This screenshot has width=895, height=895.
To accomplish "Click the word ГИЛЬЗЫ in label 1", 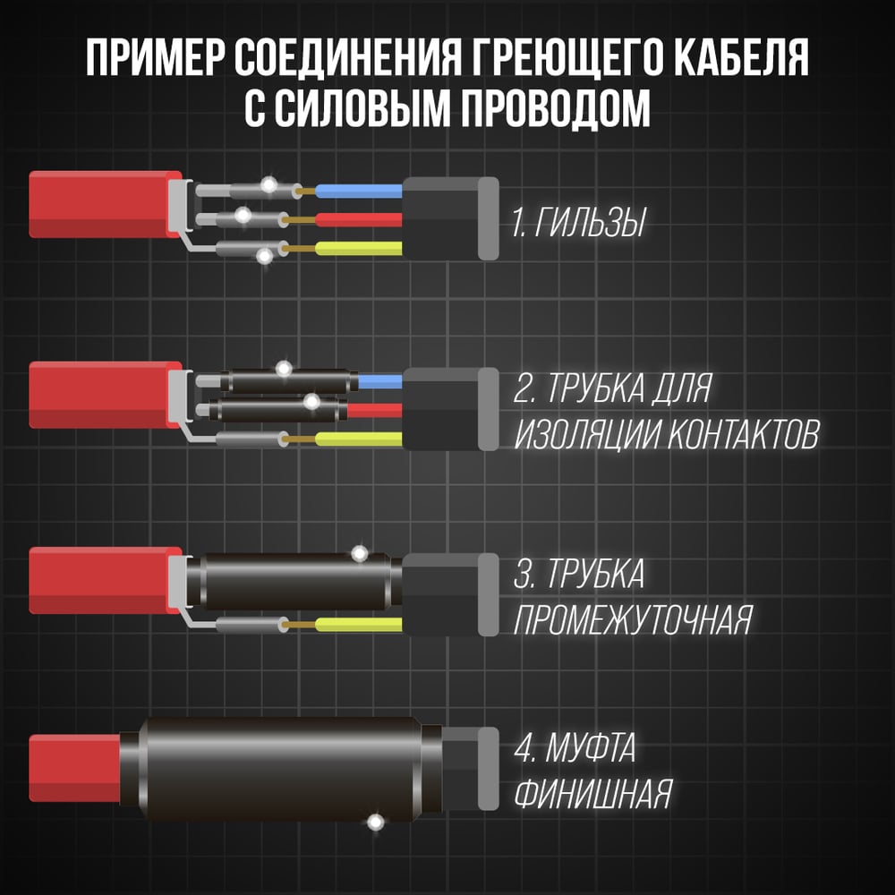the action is [x=590, y=222].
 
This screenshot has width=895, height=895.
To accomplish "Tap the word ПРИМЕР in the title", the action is [x=154, y=57].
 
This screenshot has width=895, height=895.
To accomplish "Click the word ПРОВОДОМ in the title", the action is [x=556, y=108].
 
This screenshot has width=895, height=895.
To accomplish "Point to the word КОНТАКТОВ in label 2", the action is [x=743, y=434].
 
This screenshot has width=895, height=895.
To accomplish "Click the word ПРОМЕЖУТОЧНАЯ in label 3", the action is [x=633, y=619].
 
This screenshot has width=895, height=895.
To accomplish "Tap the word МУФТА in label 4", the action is [x=591, y=747].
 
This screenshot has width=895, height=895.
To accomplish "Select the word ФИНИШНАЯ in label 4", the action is [x=593, y=793].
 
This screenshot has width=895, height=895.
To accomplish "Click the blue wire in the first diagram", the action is [x=359, y=191].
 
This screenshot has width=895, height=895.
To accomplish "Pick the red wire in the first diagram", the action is [x=359, y=219].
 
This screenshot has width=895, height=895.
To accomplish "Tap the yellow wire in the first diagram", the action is [x=359, y=248].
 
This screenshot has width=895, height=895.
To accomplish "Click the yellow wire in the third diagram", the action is [x=359, y=625].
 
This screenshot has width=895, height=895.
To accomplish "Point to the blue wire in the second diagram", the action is [x=380, y=381].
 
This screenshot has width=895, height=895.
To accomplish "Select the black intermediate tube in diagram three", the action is [x=294, y=581].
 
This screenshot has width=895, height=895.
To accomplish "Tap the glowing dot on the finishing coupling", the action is [x=375, y=823].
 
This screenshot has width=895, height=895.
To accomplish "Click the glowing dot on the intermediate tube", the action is [x=360, y=553].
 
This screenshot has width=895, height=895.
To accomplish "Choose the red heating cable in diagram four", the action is [x=75, y=768].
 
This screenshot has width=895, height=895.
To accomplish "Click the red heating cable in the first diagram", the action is [x=106, y=204].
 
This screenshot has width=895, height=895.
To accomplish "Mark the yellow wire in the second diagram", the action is [x=359, y=439].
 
